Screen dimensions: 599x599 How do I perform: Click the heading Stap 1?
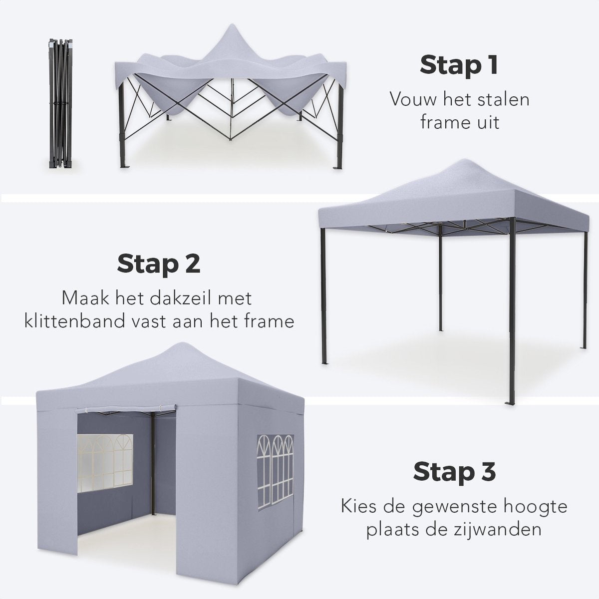[459, 65]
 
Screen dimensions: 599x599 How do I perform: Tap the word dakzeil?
[186, 299]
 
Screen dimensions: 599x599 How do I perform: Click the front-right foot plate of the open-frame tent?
[510, 402]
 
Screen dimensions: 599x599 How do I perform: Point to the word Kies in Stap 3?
[361, 507]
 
